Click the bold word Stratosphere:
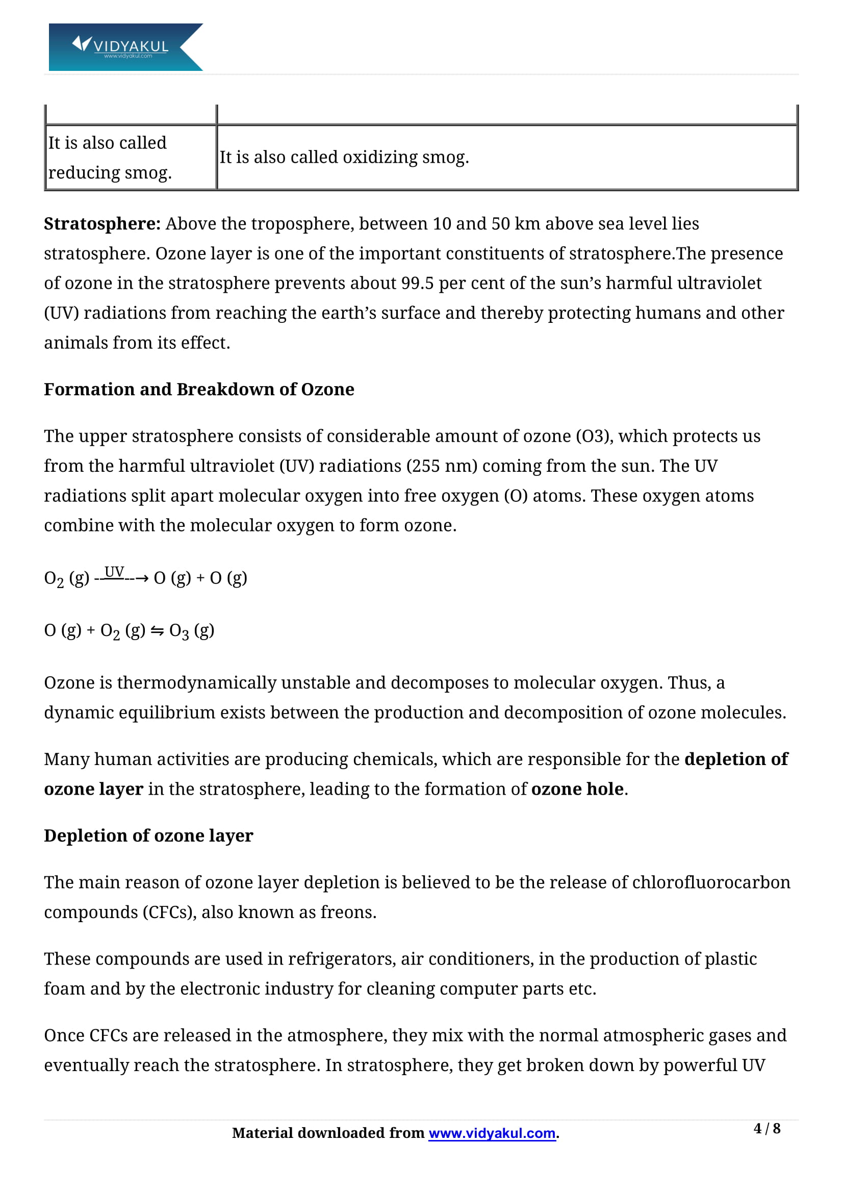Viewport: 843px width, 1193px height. (102, 224)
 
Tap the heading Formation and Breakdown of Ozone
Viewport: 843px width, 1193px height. (199, 390)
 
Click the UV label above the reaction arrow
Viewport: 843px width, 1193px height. (114, 572)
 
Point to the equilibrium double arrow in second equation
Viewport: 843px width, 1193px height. (157, 631)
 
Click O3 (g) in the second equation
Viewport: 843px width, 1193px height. (191, 631)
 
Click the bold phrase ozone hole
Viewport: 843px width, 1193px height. (577, 789)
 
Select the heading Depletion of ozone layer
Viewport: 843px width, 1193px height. (148, 836)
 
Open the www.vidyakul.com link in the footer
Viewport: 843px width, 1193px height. (492, 1133)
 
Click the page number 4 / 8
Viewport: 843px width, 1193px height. (767, 1129)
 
